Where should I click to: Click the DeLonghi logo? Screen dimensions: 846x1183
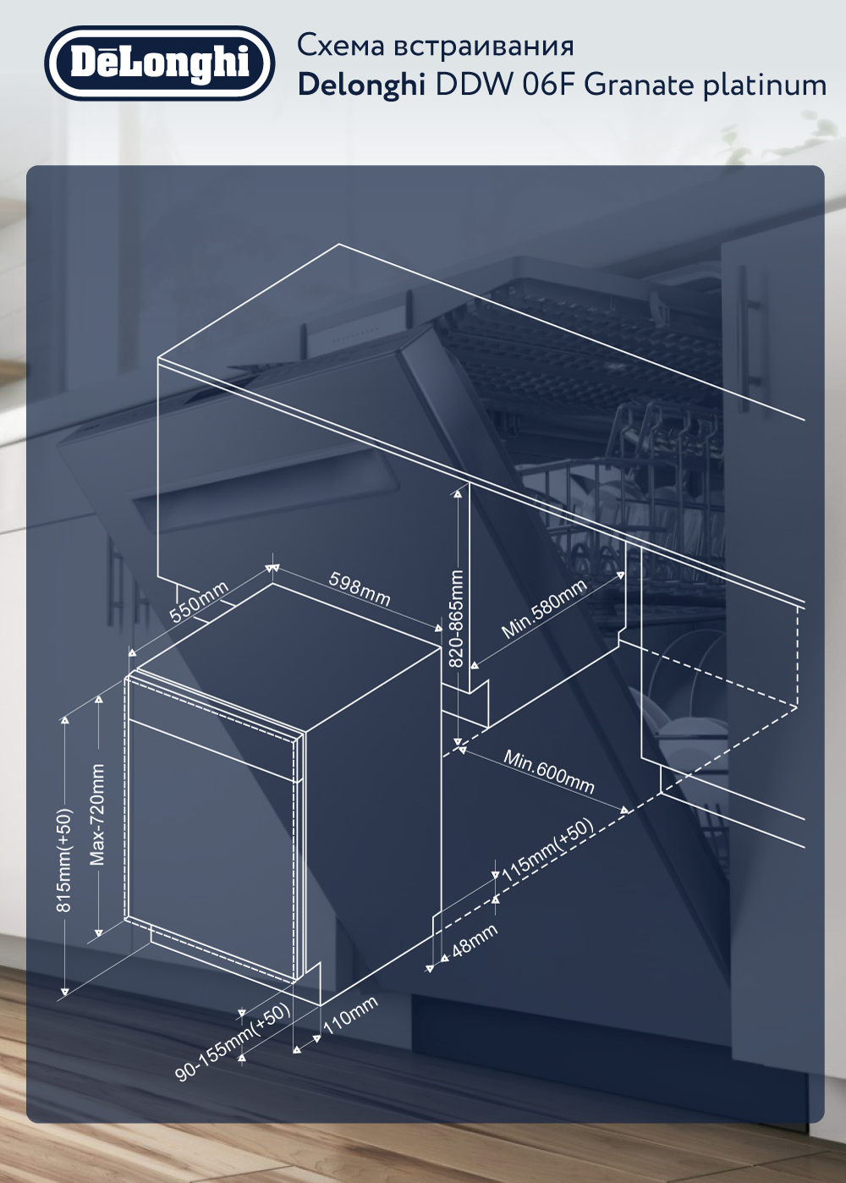point(160,63)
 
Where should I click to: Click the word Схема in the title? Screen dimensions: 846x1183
point(341,46)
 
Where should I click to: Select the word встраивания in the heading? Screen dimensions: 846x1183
point(484,46)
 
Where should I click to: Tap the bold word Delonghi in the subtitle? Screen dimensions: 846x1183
point(362,85)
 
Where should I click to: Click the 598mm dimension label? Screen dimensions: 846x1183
point(360,588)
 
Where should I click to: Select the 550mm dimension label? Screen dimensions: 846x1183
point(199,601)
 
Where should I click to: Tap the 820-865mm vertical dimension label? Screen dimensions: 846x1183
point(456,619)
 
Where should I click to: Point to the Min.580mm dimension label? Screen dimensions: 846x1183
point(544,609)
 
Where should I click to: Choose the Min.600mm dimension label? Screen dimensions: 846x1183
point(549,772)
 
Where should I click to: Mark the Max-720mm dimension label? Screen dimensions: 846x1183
point(97,815)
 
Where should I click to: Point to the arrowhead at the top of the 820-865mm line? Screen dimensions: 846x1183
point(458,493)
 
